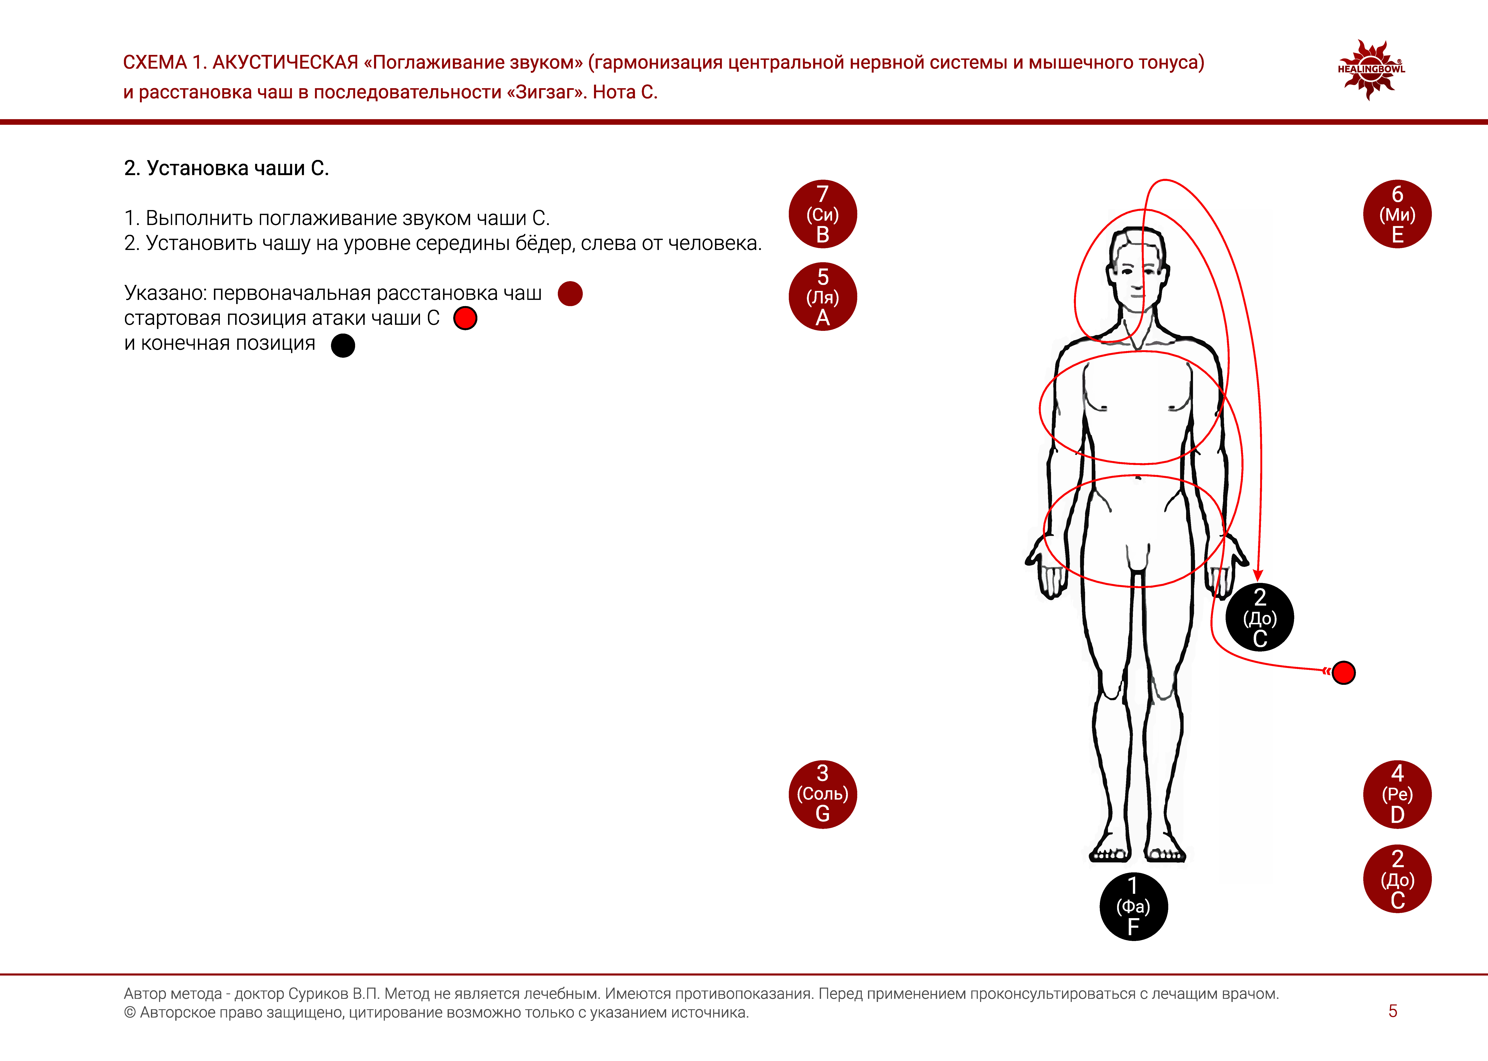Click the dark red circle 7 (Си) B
tap(822, 214)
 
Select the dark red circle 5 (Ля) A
tap(822, 297)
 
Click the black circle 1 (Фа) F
tap(1133, 906)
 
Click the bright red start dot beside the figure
tap(1343, 672)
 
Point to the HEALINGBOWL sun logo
tap(1370, 69)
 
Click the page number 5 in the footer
tap(1393, 1011)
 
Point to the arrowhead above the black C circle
tap(1258, 575)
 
